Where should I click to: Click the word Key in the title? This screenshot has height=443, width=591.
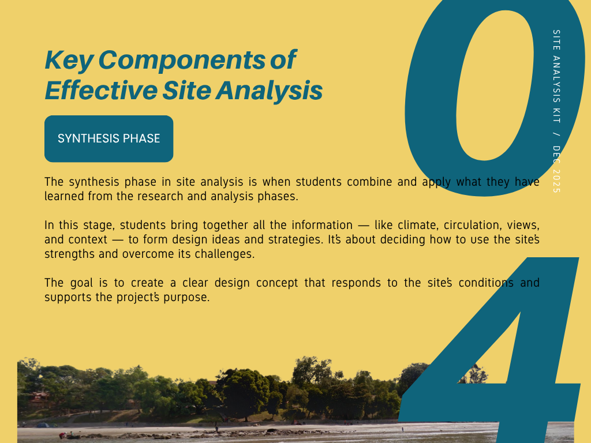69,60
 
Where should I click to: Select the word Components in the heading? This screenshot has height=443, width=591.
182,60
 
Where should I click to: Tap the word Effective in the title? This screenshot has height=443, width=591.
101,90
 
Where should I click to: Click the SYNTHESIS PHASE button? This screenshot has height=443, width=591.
109,138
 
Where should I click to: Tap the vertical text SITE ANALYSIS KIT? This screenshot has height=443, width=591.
556,76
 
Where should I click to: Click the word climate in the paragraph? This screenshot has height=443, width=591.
418,225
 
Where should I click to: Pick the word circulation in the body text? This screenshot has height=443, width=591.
473,225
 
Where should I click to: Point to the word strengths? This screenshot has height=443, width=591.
69,254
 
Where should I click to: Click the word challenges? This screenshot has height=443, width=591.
225,254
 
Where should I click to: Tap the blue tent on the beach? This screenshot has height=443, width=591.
43,425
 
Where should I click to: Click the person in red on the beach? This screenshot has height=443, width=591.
62,436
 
